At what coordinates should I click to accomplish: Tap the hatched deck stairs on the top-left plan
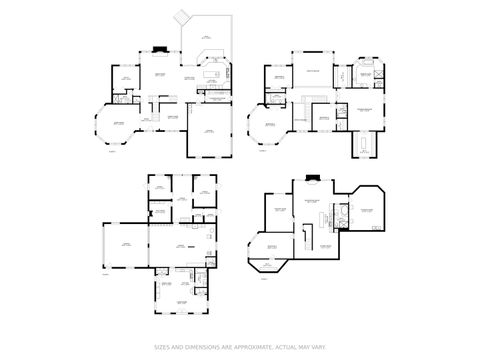point(182,17)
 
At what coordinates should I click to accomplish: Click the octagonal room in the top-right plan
point(267,127)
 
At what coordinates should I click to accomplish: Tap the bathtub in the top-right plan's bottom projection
point(364,149)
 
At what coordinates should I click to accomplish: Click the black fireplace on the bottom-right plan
point(313,179)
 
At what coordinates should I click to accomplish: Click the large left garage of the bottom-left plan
point(125,246)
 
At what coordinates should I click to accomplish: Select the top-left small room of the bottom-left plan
point(159,188)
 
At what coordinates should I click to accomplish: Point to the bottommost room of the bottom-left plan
point(181,300)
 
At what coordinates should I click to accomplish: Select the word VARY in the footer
point(318,348)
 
